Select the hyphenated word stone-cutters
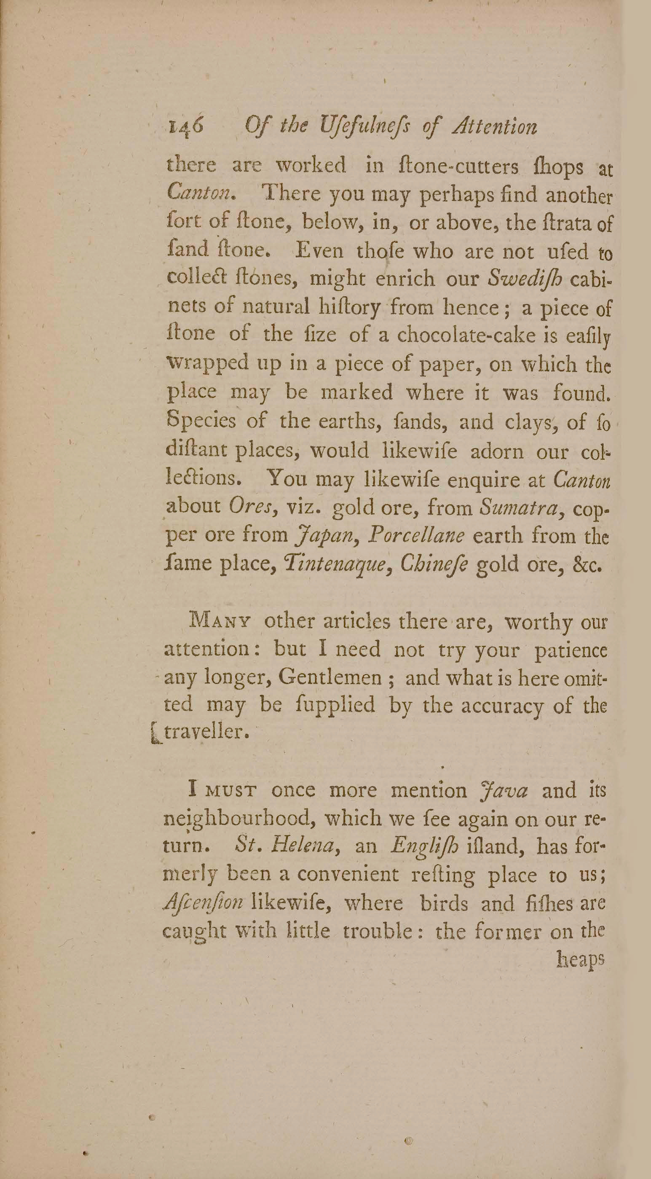coord(459,166)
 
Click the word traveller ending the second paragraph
coord(206,733)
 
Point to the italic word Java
coord(504,788)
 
